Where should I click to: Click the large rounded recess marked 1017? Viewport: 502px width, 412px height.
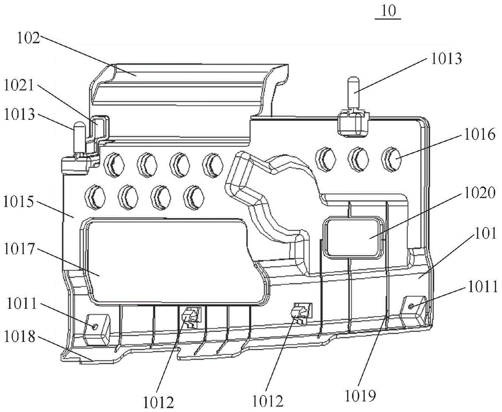pyautogui.click(x=171, y=261)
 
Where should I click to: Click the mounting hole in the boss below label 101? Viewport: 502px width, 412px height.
pyautogui.click(x=412, y=306)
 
